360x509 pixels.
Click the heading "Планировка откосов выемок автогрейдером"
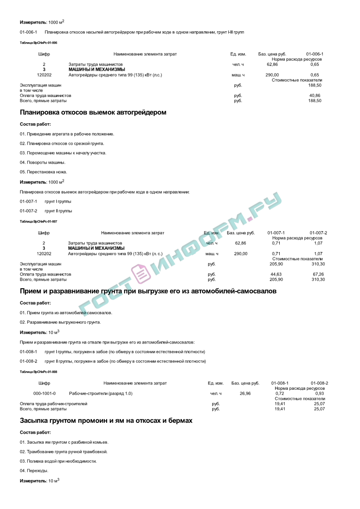(93, 112)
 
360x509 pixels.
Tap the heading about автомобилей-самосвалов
(148, 291)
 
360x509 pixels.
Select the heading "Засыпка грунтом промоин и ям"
(106, 421)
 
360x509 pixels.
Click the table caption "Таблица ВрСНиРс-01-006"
(39, 43)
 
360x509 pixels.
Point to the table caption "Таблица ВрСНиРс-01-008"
(39, 372)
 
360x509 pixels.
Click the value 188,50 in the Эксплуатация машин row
(315, 85)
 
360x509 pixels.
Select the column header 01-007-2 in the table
(318, 233)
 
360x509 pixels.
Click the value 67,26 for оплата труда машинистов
(318, 274)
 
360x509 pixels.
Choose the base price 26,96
(245, 393)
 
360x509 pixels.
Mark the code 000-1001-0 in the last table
(44, 393)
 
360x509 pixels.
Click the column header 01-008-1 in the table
(280, 383)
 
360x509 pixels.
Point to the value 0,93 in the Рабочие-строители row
(319, 393)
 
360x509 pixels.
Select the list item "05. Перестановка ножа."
(44, 172)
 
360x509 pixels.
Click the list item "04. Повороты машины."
(43, 162)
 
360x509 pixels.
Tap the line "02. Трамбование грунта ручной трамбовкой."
(63, 451)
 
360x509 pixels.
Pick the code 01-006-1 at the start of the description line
(29, 32)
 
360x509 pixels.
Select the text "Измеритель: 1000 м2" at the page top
(42, 22)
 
